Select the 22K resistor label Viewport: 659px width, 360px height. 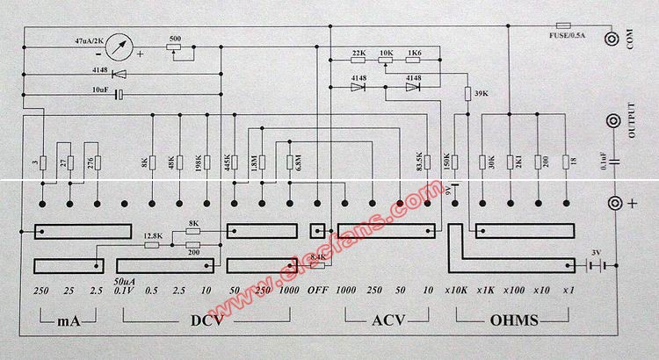358,54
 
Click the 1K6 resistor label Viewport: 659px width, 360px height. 414,54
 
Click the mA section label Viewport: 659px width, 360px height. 68,321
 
